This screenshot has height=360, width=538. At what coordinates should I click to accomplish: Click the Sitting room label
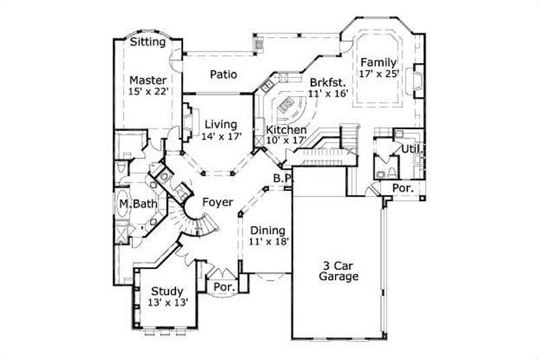148,42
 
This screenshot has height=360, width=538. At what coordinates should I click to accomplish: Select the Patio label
223,75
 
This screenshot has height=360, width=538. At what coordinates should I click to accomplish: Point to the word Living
221,124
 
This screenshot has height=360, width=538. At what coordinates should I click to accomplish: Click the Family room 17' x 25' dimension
379,74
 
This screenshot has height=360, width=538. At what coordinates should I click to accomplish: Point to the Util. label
411,149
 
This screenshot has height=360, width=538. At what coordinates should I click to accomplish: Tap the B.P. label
281,178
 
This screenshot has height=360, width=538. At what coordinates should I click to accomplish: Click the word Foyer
217,202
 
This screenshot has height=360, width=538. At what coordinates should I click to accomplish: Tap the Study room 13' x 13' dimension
167,303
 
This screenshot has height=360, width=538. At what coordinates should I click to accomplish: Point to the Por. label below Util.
402,188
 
